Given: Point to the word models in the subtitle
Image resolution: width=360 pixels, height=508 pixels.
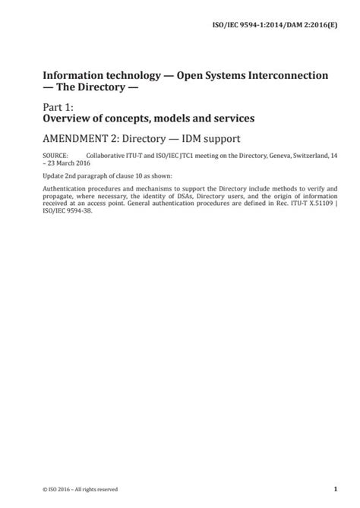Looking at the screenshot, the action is [175, 119].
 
